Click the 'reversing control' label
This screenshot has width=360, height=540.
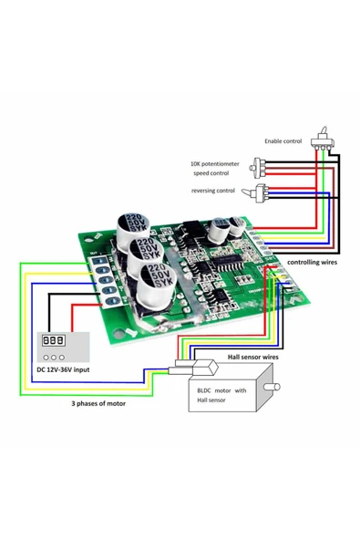214,191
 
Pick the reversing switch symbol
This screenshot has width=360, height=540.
262,192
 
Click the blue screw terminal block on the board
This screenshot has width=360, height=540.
103,277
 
